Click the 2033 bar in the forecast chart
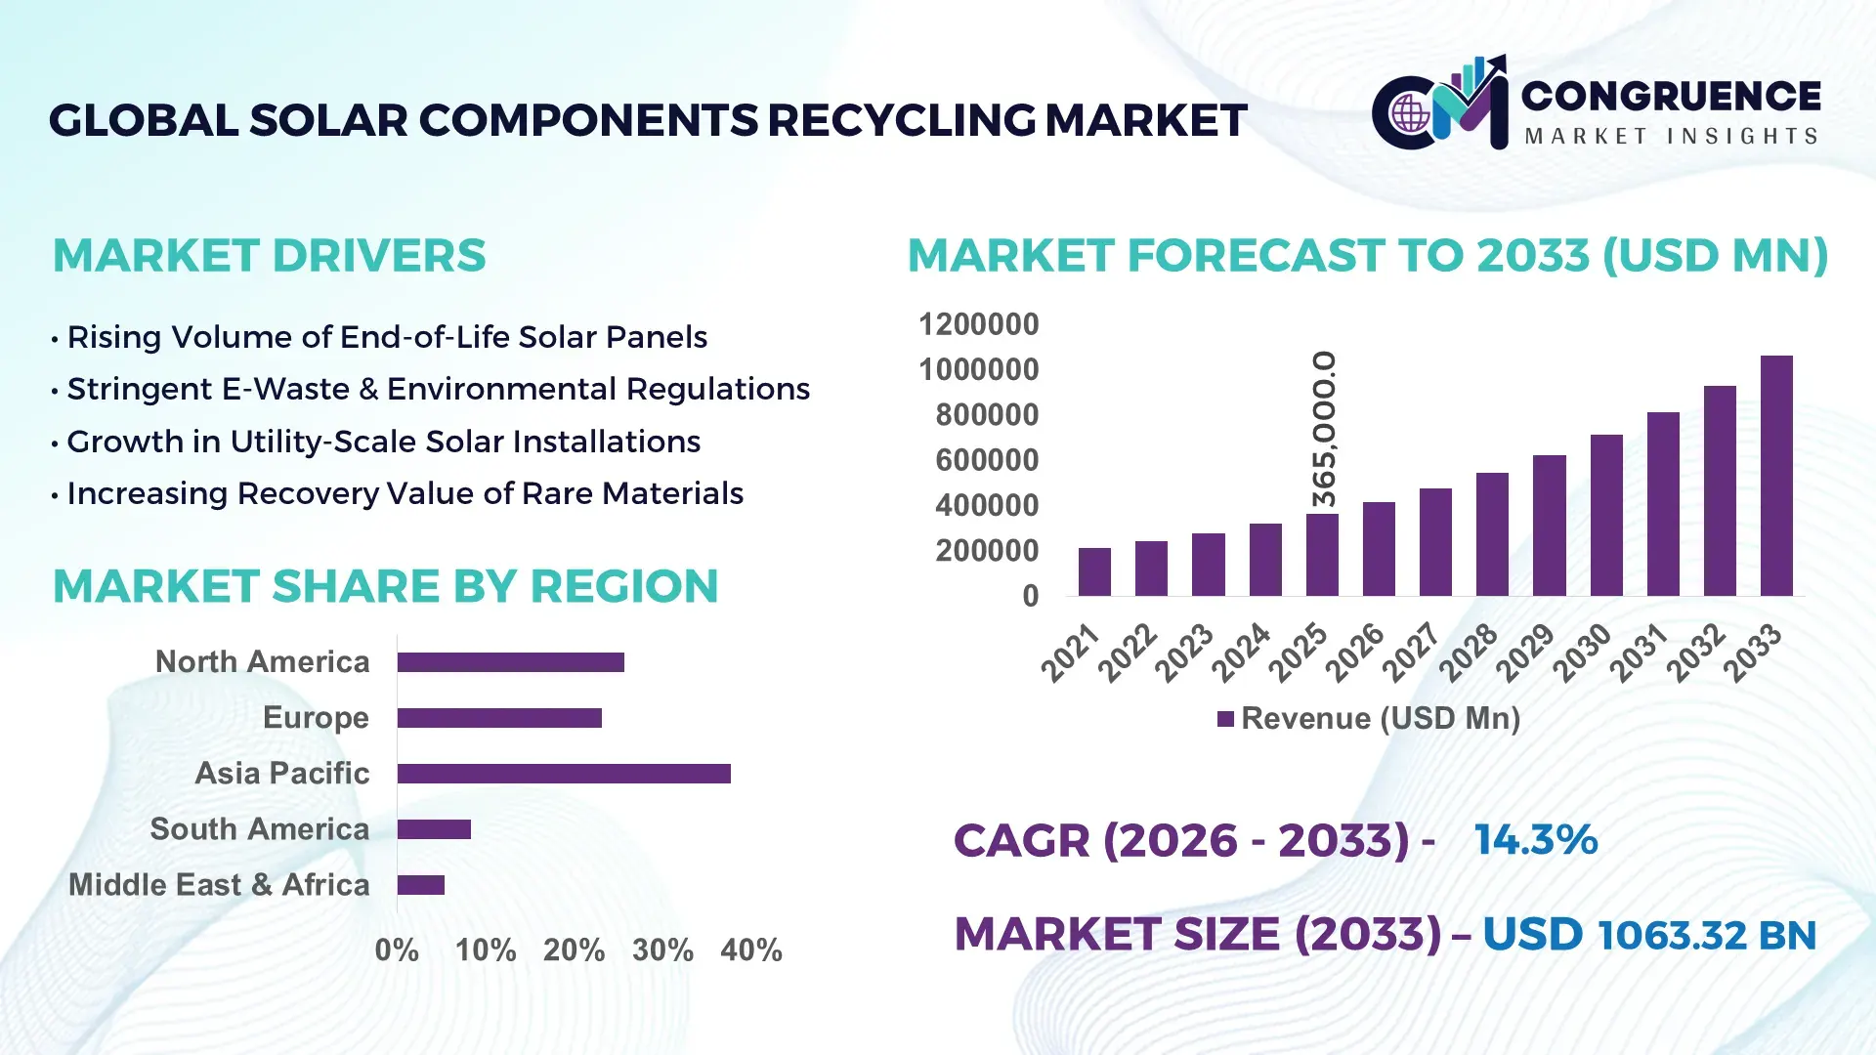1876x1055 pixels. click(1776, 476)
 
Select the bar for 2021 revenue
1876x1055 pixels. click(1094, 571)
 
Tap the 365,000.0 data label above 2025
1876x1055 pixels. click(1323, 430)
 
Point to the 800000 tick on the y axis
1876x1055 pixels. click(987, 415)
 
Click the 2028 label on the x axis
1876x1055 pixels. click(1468, 653)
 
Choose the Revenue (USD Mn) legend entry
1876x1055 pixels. click(1368, 719)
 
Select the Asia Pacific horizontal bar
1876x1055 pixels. click(564, 774)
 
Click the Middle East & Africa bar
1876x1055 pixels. click(421, 885)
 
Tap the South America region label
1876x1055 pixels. click(259, 829)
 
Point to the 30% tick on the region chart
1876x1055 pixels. click(662, 949)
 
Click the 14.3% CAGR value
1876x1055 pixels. click(1535, 840)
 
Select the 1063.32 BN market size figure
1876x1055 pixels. click(1706, 935)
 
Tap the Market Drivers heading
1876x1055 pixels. click(269, 256)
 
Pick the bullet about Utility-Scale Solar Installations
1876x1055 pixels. click(383, 442)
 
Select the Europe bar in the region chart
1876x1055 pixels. click(499, 718)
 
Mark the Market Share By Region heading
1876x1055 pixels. click(385, 587)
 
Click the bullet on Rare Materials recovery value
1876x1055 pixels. click(405, 493)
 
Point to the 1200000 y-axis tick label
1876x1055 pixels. click(978, 324)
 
